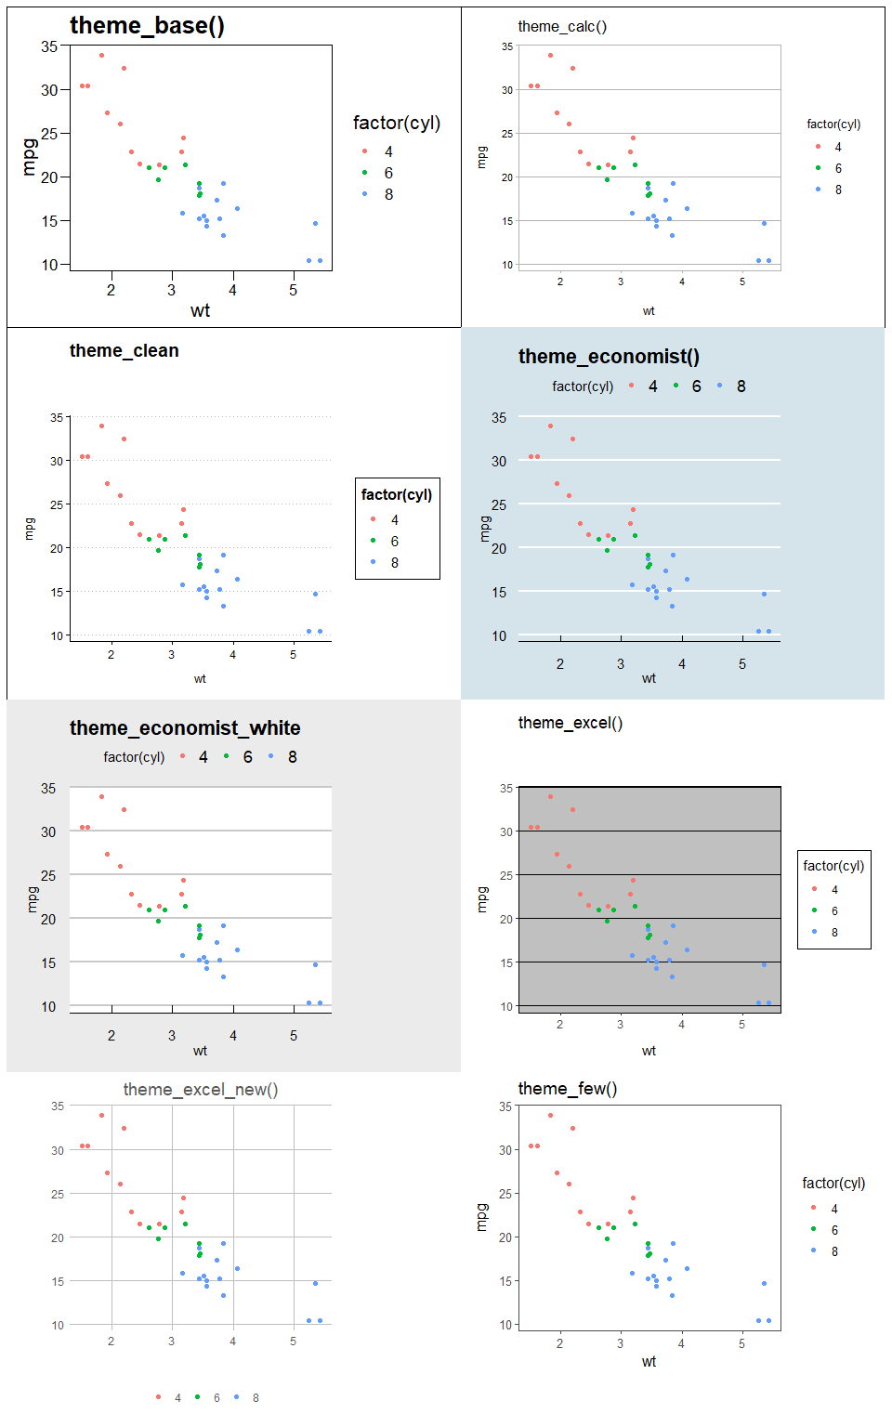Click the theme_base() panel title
147,26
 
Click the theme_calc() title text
562,27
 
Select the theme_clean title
124,351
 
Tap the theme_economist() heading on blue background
609,357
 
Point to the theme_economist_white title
185,728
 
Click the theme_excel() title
570,723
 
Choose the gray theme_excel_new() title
200,1090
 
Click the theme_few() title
567,1089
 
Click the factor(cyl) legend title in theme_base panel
397,124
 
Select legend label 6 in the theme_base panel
388,174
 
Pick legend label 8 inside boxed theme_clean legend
395,563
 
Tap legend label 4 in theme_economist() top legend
653,386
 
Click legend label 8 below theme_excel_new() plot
256,1398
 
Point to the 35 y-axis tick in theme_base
49,46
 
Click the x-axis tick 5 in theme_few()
741,1343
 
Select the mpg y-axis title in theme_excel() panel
482,899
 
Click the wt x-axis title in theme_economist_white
200,1052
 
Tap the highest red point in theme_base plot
102,56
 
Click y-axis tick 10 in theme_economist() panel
499,636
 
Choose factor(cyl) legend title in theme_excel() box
833,866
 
